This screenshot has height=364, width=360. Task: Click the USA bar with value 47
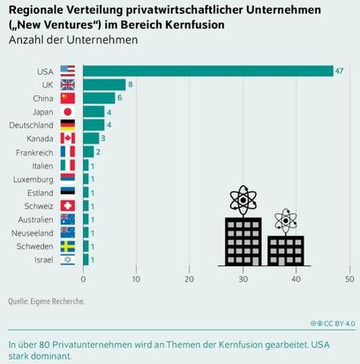tap(207, 71)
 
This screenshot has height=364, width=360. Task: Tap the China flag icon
tap(68, 98)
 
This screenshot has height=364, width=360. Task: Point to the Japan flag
tap(68, 112)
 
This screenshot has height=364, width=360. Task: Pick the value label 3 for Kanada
tap(103, 138)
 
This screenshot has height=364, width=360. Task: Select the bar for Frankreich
tap(88, 152)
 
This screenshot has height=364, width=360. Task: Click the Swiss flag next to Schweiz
tap(68, 205)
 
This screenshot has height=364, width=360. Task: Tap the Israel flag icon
tap(68, 259)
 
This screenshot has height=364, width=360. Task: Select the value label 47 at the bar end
tap(340, 71)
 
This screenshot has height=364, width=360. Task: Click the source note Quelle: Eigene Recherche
tap(47, 301)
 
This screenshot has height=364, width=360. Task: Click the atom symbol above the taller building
tap(243, 199)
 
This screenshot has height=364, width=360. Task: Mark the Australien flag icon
tap(68, 219)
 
